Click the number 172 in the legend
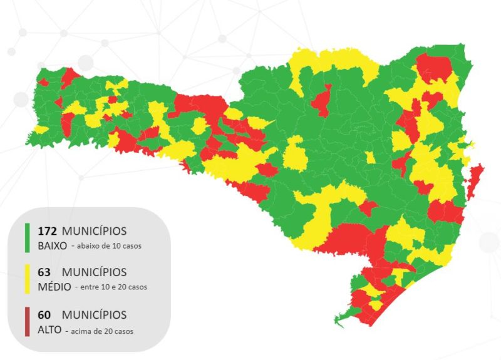click(x=48, y=231)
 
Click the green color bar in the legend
click(x=27, y=238)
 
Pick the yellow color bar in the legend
click(x=27, y=279)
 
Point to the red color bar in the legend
click(x=27, y=321)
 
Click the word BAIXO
click(x=52, y=246)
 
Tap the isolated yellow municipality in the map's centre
click(x=294, y=154)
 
